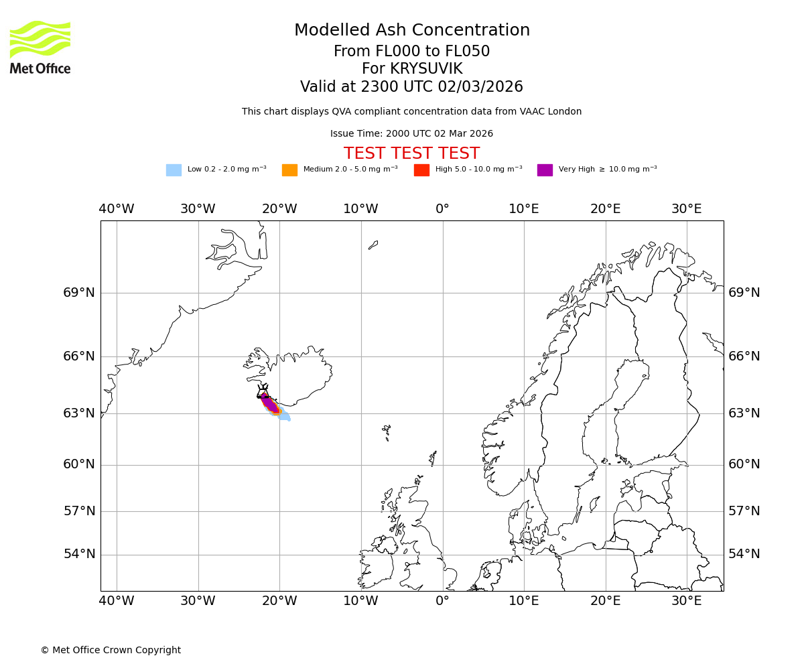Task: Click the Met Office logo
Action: click(40, 47)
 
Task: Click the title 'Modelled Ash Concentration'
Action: click(411, 31)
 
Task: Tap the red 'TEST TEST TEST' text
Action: click(411, 154)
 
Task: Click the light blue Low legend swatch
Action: click(174, 170)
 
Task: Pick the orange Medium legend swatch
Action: click(289, 170)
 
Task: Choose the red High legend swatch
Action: click(421, 170)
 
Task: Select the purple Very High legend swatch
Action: click(545, 170)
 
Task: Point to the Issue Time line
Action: click(411, 134)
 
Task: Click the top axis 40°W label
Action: click(117, 209)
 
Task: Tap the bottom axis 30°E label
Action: click(687, 601)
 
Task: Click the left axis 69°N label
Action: click(79, 293)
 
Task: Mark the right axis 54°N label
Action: click(744, 554)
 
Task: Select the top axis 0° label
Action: click(442, 209)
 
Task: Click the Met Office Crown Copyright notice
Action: click(111, 651)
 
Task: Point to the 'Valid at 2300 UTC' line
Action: click(411, 87)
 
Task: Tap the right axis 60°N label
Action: click(744, 464)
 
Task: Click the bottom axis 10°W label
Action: click(360, 601)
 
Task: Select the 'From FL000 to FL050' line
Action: click(411, 52)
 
